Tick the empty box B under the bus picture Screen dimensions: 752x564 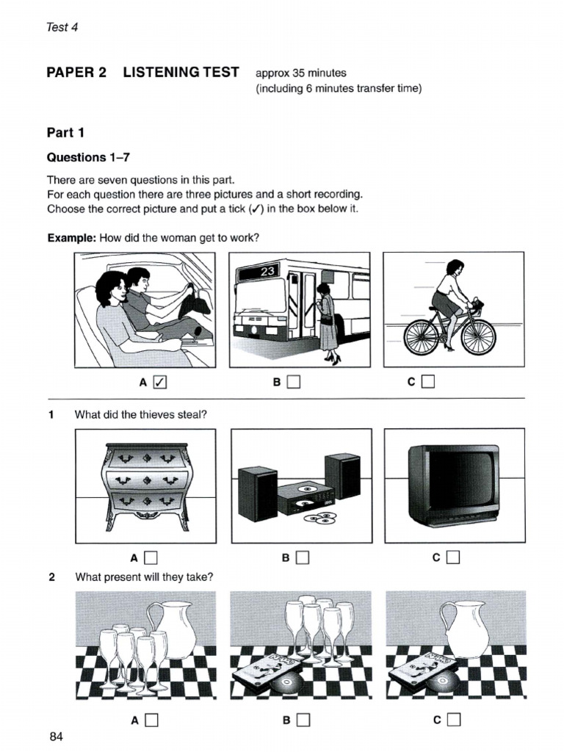[x=294, y=382]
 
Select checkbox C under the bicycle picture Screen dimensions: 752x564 [x=429, y=382]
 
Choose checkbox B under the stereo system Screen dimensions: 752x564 [x=302, y=557]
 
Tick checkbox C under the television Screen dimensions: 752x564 [x=452, y=557]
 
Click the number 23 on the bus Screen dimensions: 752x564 [x=266, y=272]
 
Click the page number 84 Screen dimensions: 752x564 [x=57, y=737]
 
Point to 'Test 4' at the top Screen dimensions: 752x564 [x=62, y=27]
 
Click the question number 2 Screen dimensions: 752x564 [x=51, y=577]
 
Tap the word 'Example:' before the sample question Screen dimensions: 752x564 [x=71, y=239]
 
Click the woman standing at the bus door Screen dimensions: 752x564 [x=326, y=323]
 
